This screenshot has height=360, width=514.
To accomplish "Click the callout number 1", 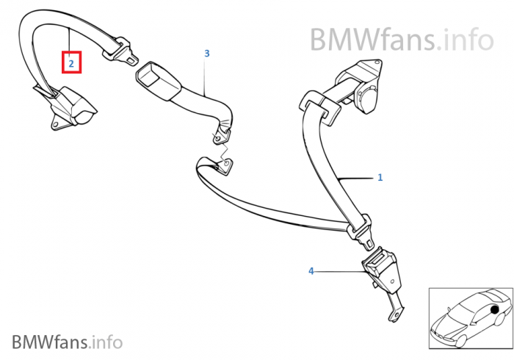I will (x=380, y=177).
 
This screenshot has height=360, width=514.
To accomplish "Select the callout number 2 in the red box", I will (x=71, y=63).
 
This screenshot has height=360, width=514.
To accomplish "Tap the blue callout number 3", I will (x=207, y=54).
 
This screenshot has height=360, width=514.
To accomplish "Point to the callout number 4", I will (x=311, y=271).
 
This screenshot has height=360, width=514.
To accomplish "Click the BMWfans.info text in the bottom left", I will (x=67, y=342).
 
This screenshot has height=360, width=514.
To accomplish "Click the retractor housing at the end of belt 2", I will (x=73, y=107).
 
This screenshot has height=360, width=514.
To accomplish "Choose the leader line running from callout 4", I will (x=341, y=271).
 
